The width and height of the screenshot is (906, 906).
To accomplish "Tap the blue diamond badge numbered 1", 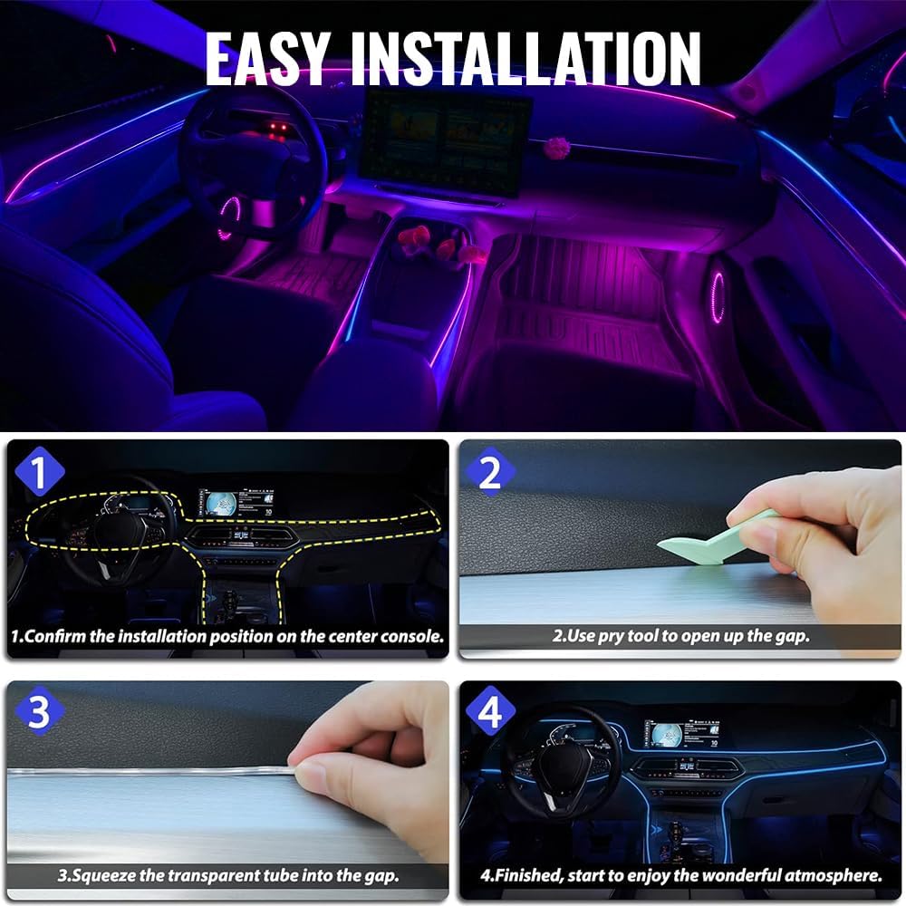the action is point(39,471).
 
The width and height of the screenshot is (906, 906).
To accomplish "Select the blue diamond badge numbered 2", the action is point(490,472).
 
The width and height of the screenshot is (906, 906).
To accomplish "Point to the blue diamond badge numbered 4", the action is point(490,711).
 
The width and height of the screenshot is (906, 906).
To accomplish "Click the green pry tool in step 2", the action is point(718,538).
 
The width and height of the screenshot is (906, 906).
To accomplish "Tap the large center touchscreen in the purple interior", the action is point(444,144).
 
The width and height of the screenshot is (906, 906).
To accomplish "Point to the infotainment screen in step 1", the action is point(236,504).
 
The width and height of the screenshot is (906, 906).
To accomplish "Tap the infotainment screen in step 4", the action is point(682,735).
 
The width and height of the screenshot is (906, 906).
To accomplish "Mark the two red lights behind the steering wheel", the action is point(278,128).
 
